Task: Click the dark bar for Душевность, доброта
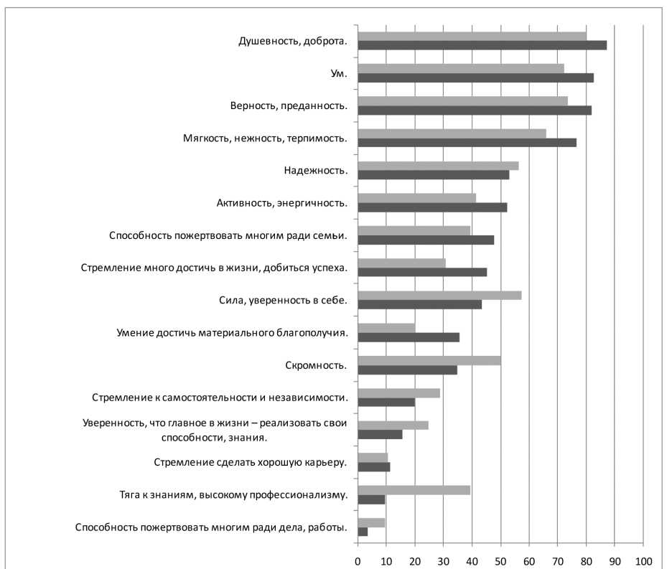click(x=482, y=45)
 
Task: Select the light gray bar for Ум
click(x=461, y=68)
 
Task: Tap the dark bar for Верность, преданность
click(x=474, y=110)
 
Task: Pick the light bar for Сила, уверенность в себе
click(x=439, y=295)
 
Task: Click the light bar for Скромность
click(x=429, y=360)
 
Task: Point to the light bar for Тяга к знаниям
click(x=414, y=489)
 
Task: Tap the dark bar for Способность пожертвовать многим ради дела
click(x=363, y=532)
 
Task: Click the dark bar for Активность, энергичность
click(x=432, y=207)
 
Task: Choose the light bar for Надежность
click(x=438, y=166)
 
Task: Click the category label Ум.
click(x=334, y=73)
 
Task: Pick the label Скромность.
click(x=316, y=365)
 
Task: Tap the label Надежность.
click(x=316, y=171)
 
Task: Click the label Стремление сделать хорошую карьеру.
click(x=251, y=462)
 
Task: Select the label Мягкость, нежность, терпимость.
click(x=265, y=138)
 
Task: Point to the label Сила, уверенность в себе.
click(x=283, y=301)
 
